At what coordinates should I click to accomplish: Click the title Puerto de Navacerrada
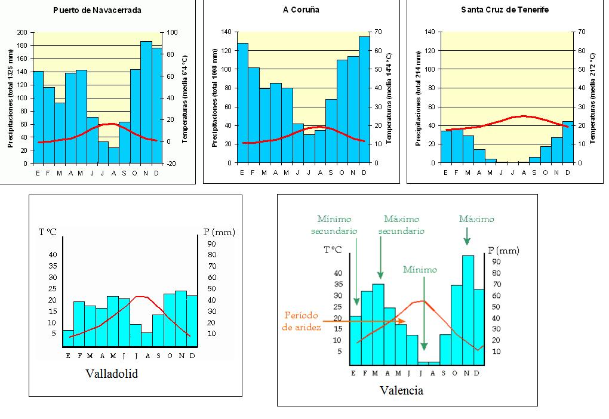point(97,10)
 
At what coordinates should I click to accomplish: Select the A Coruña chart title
point(301,10)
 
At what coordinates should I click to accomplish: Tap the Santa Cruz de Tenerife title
point(505,10)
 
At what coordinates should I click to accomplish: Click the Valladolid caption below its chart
point(112,374)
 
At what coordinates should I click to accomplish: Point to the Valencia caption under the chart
point(401,390)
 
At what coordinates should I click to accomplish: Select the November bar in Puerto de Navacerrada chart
point(146,101)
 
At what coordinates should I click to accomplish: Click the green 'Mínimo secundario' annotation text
point(337,225)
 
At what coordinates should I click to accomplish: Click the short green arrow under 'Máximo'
point(467,238)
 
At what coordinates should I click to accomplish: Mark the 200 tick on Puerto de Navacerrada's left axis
point(23,33)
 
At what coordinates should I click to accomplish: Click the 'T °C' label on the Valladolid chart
point(48,232)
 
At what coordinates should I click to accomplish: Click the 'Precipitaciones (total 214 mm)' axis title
point(419,97)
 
